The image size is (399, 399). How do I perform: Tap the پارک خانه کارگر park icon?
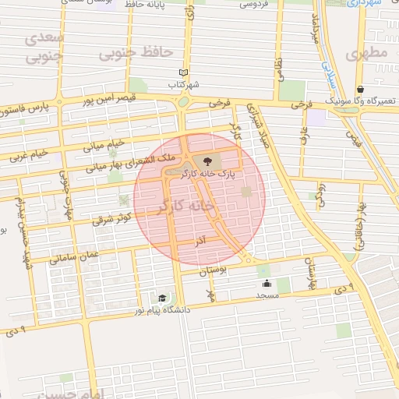click(x=207, y=161)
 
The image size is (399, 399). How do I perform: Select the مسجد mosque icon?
click(x=267, y=283)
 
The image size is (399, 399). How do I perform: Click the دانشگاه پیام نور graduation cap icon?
click(x=162, y=298)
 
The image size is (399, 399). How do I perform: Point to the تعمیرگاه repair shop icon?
click(x=359, y=89)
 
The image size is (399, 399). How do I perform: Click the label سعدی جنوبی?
click(x=43, y=47)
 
